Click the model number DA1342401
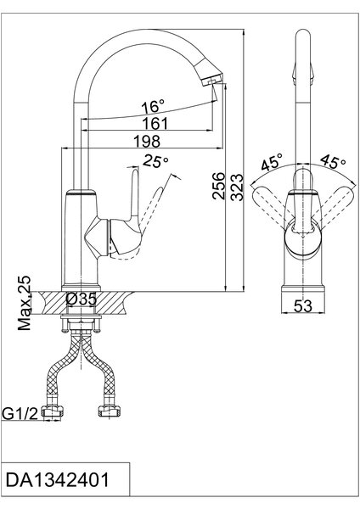(57, 480)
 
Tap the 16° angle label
(153, 107)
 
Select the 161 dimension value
(155, 123)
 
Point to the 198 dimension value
(147, 141)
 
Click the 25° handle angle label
(156, 161)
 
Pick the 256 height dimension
(218, 186)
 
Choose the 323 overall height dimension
(237, 187)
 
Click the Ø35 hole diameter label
(82, 299)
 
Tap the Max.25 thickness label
(25, 303)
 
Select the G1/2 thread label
(20, 413)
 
